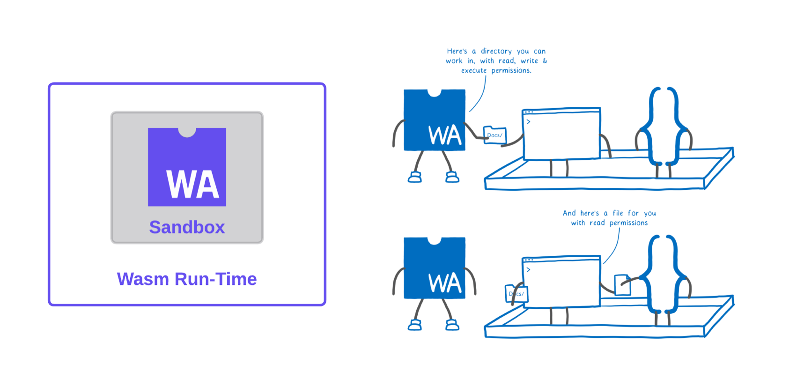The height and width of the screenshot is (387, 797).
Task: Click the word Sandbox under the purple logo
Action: [187, 227]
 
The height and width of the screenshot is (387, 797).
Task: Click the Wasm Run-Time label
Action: [187, 279]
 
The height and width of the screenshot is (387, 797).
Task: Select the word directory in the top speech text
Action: [496, 52]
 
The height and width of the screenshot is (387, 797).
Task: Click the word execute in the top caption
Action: [473, 71]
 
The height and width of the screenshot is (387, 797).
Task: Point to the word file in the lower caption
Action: [618, 213]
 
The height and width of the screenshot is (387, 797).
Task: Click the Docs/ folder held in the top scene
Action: [494, 135]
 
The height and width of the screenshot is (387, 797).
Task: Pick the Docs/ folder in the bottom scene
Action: [517, 294]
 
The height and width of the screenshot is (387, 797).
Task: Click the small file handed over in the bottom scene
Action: [622, 285]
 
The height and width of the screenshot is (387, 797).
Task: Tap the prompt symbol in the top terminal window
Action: [529, 122]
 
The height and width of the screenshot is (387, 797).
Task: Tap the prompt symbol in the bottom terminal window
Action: [529, 270]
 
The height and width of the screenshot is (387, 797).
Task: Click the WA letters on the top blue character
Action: [445, 136]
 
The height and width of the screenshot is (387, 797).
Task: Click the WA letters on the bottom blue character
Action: [445, 284]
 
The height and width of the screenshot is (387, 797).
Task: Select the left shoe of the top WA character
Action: [415, 177]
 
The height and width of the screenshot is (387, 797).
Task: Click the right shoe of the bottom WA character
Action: [452, 325]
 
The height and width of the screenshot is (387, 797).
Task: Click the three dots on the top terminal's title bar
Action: [529, 112]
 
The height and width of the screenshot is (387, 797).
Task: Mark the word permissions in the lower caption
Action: [628, 223]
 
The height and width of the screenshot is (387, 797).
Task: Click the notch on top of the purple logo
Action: [187, 132]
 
